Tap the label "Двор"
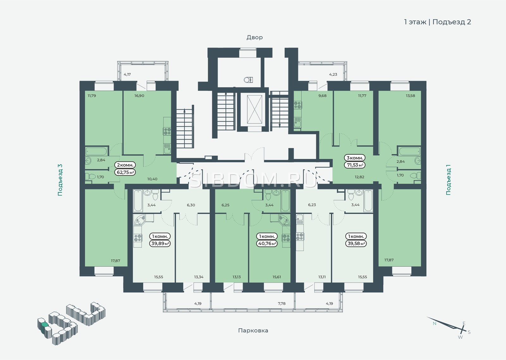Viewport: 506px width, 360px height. tap(255, 37)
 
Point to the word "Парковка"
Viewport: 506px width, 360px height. tap(253, 330)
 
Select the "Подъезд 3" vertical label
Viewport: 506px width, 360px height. tap(60, 180)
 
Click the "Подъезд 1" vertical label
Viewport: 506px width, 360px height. tap(448, 180)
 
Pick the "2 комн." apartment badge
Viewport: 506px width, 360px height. tap(125, 165)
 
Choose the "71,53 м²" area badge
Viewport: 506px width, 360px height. tap(355, 165)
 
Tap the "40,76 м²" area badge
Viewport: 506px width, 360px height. tap(267, 244)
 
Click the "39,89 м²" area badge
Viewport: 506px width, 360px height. tap(160, 243)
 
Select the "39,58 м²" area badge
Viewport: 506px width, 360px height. tap(356, 243)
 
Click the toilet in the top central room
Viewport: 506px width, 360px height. tap(248, 79)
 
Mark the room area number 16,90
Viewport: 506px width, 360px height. tap(139, 96)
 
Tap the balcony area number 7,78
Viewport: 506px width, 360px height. tap(282, 303)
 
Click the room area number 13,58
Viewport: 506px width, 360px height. tap(410, 96)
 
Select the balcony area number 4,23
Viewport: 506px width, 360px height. tap(333, 74)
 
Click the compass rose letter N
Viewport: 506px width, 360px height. tap(435, 323)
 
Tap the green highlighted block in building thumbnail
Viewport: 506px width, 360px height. tap(45, 325)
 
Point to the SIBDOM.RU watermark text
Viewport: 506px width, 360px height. tap(253, 180)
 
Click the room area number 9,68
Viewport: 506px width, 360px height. tap(322, 96)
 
